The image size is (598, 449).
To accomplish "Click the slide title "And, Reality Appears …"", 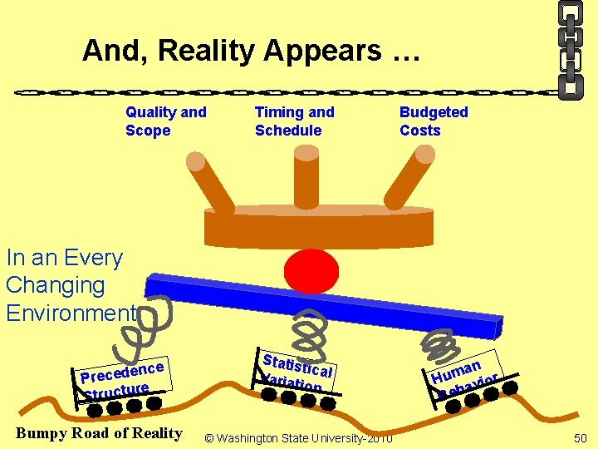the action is pos(251,51).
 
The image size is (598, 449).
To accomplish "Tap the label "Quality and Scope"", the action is pos(165,121).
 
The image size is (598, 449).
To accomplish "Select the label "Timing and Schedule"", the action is pos(294,121).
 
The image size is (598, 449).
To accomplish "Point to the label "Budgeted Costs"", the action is pos(434,121).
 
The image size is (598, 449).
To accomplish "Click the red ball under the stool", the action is pos(311,271).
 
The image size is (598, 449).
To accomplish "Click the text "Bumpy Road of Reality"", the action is pos(99,432).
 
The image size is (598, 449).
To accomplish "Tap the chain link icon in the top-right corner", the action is pos(571,47).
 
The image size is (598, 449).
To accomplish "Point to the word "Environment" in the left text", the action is pos(71,313).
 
